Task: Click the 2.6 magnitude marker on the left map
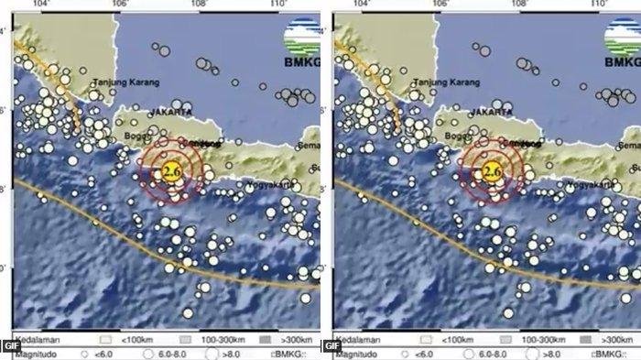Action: tap(171, 170)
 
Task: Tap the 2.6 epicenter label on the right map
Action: tap(491, 170)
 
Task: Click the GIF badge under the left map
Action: tap(9, 346)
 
